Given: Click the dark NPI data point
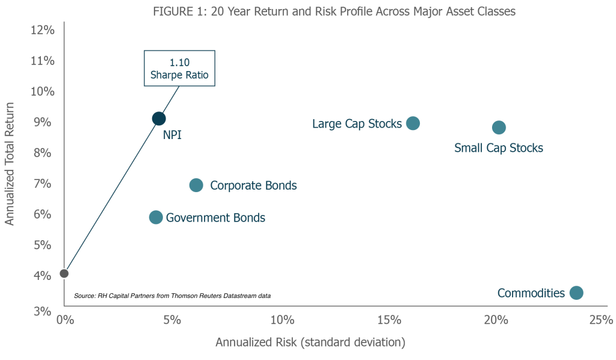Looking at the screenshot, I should pos(158,119).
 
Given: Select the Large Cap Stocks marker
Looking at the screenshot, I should pos(413,123).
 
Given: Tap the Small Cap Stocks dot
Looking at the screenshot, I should pos(499,127).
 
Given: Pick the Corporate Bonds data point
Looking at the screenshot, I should pos(196,185).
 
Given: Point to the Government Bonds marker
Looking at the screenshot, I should pos(156,217).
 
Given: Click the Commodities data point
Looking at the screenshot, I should pos(576,293).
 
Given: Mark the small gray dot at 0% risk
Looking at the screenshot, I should pos(64,273).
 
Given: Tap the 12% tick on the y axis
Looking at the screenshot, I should pos(43,30).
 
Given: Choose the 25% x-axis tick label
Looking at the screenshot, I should pos(601,319).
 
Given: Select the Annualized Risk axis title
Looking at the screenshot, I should pos(310,343).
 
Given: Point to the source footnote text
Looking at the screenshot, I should pos(172,296).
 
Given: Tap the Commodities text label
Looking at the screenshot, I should pos(531,293).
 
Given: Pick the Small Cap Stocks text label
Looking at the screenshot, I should pos(499,147).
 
